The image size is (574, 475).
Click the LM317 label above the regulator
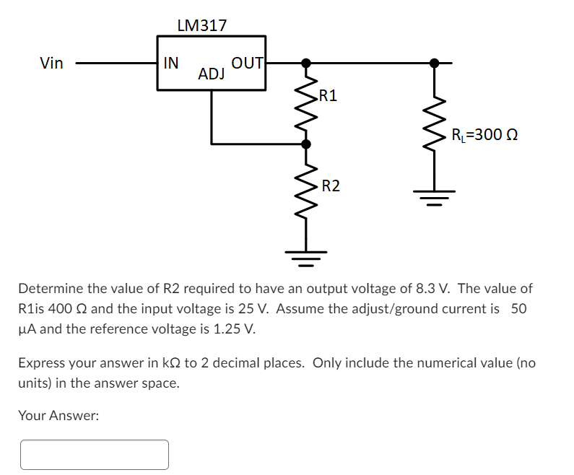[x=201, y=25]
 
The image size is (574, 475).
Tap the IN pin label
[x=171, y=63]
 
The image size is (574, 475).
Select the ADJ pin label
[x=212, y=74]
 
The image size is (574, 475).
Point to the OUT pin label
[x=248, y=63]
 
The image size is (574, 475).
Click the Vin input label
[x=51, y=64]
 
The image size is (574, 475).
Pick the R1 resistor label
[x=327, y=95]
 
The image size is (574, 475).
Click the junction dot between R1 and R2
[x=306, y=144]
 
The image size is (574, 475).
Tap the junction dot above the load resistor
[x=434, y=63]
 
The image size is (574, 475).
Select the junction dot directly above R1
[x=306, y=63]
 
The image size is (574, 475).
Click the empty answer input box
[x=95, y=455]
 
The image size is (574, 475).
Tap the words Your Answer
[x=58, y=415]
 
